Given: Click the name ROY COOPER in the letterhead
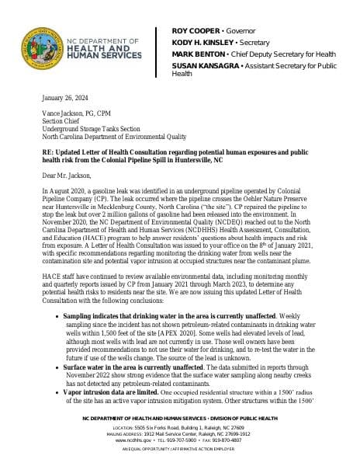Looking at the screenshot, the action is tap(196, 30).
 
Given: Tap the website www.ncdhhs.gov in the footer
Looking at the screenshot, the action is tap(132, 440).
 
